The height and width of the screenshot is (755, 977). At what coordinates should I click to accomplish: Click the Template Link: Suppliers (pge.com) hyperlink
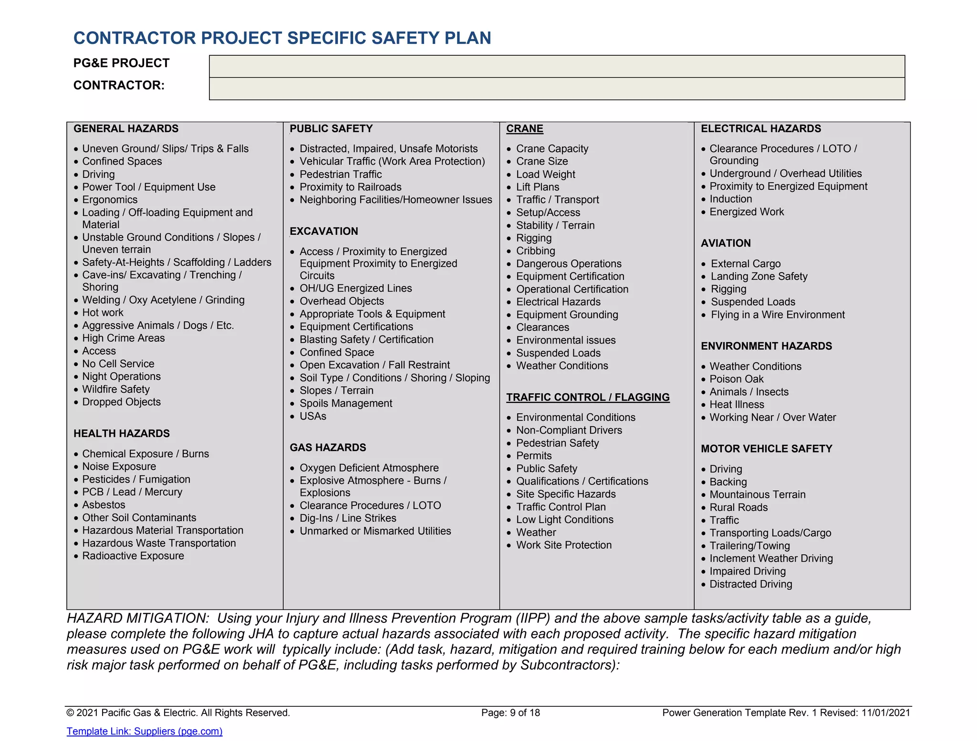pyautogui.click(x=144, y=731)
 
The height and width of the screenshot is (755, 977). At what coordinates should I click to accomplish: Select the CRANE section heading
pyautogui.click(x=524, y=128)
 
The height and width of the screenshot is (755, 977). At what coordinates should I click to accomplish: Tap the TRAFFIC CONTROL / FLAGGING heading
pyautogui.click(x=588, y=397)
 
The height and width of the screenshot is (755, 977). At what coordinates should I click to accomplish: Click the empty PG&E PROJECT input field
pyautogui.click(x=557, y=66)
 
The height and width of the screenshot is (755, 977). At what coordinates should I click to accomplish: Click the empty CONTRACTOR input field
pyautogui.click(x=557, y=89)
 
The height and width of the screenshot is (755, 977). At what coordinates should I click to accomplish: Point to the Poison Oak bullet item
pyautogui.click(x=736, y=379)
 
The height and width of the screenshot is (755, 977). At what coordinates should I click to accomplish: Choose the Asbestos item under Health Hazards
pyautogui.click(x=104, y=504)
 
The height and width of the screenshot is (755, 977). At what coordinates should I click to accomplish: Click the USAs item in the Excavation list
pyautogui.click(x=312, y=416)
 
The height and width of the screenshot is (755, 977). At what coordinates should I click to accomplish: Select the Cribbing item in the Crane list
pyautogui.click(x=535, y=251)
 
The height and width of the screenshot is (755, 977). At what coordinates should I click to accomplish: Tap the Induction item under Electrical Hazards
pyautogui.click(x=730, y=199)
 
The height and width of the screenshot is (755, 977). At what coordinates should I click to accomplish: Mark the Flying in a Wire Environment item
pyautogui.click(x=777, y=315)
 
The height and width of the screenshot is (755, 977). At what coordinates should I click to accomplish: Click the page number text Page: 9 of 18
pyautogui.click(x=510, y=713)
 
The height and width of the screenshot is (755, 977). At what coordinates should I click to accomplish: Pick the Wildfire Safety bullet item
pyautogui.click(x=116, y=389)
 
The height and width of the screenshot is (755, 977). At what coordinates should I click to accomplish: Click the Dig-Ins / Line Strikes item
pyautogui.click(x=348, y=518)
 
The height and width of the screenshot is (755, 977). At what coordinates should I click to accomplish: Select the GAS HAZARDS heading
pyautogui.click(x=328, y=447)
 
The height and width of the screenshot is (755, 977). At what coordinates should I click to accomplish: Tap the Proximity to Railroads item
pyautogui.click(x=350, y=187)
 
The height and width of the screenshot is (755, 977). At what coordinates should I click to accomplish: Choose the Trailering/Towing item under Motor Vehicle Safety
pyautogui.click(x=749, y=545)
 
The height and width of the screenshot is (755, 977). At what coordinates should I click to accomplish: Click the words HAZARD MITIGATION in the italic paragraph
pyautogui.click(x=138, y=618)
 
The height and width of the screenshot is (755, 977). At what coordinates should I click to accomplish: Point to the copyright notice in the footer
pyautogui.click(x=178, y=713)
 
